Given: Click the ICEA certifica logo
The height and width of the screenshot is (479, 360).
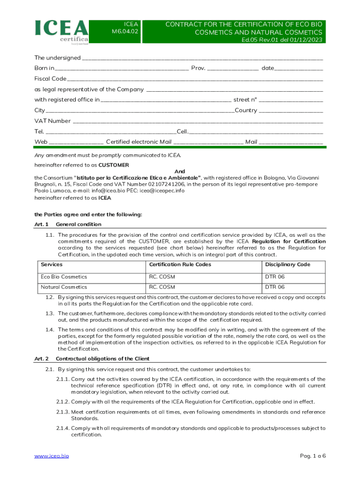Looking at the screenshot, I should [x=61, y=32].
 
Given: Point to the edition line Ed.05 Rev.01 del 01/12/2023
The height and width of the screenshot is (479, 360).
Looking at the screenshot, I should [x=281, y=40].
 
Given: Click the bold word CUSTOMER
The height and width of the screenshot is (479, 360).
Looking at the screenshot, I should [x=114, y=165].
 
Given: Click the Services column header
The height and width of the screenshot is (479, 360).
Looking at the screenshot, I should [x=52, y=265].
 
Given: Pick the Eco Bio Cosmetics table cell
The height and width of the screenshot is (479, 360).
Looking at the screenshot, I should [x=64, y=277].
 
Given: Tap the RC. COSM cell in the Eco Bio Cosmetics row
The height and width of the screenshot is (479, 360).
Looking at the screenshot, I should [x=162, y=277].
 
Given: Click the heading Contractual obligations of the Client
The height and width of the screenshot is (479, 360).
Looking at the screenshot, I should [x=102, y=359].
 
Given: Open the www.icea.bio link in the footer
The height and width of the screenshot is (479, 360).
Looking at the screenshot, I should [x=51, y=456].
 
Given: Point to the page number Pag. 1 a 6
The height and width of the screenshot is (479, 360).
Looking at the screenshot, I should [x=310, y=456].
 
